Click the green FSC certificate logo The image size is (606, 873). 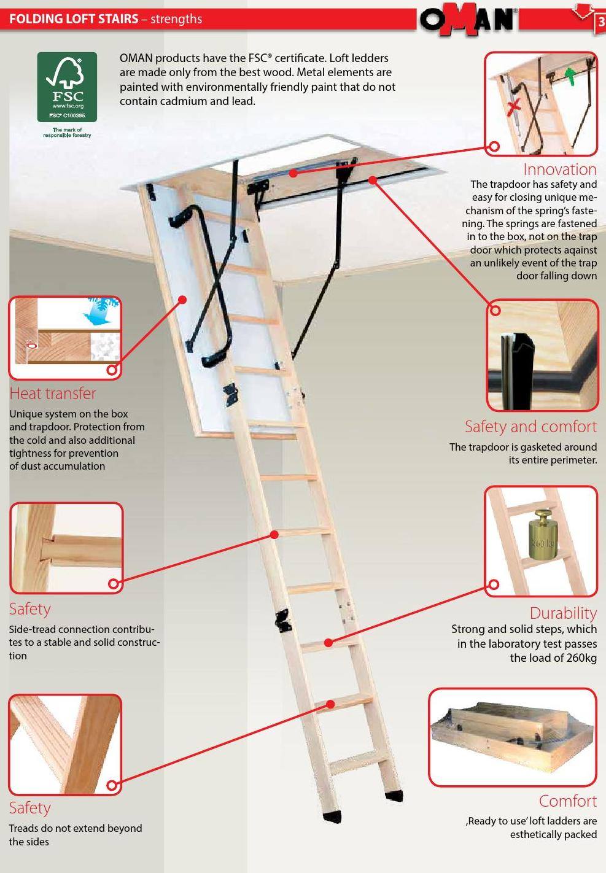(x=67, y=87)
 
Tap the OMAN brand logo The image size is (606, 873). (x=468, y=20)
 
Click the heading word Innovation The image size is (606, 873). (x=559, y=169)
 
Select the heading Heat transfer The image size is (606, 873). (x=53, y=394)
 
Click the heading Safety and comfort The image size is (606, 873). (x=530, y=426)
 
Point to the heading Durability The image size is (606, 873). (x=563, y=613)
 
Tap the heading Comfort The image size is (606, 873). (x=568, y=801)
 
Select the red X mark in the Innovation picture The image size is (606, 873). (x=515, y=107)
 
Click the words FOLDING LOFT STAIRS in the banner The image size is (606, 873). (x=74, y=18)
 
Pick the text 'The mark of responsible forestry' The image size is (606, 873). (x=67, y=132)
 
